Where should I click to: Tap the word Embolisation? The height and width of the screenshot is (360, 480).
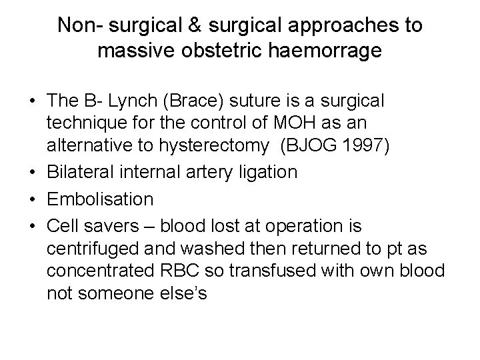[x=101, y=199]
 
